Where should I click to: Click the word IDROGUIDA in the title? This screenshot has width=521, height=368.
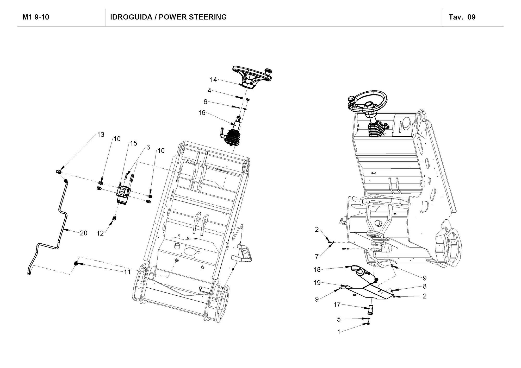click(x=131, y=17)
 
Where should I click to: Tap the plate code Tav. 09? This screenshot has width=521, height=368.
click(x=462, y=17)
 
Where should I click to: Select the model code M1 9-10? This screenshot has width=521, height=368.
click(x=36, y=17)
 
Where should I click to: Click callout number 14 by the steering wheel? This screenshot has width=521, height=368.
click(x=213, y=80)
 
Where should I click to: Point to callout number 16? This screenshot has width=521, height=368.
click(x=202, y=113)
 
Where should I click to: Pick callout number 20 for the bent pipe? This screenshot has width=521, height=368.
click(x=83, y=233)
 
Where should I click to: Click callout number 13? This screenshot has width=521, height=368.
click(x=101, y=135)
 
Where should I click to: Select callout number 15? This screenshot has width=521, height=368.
click(x=133, y=143)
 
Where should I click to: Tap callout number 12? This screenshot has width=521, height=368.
click(x=100, y=233)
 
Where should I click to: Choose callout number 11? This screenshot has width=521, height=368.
click(x=127, y=272)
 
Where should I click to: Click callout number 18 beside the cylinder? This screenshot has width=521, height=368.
click(x=317, y=269)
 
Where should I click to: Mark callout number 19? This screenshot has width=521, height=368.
click(x=317, y=283)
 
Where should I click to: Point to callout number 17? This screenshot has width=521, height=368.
click(x=337, y=304)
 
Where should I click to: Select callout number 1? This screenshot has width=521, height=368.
click(x=339, y=332)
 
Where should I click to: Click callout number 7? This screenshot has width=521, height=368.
click(x=317, y=257)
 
